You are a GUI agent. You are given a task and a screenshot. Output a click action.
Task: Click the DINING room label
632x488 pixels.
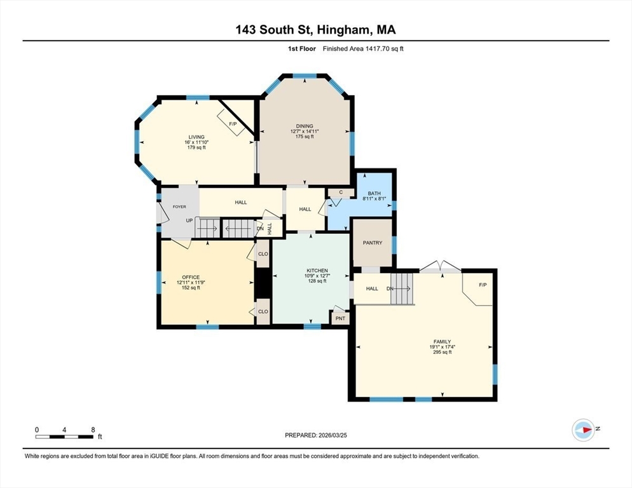(305, 126)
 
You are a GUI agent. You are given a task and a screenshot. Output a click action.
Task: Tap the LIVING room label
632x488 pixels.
(196, 137)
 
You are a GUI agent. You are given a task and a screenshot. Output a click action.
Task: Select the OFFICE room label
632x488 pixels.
(191, 277)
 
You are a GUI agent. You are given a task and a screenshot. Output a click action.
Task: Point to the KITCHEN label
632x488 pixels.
(317, 271)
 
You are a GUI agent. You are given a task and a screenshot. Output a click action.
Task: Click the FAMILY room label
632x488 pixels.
(442, 342)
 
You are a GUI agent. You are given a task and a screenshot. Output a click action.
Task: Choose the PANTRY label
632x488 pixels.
(373, 243)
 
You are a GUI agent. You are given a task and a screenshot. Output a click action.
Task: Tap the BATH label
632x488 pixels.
(374, 193)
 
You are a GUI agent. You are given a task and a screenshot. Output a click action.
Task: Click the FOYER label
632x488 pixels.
(179, 207)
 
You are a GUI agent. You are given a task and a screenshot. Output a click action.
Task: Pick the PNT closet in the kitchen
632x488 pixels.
(341, 318)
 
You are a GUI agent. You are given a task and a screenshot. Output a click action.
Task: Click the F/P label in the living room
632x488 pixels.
(233, 124)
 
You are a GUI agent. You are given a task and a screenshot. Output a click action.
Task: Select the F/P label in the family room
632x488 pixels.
(483, 285)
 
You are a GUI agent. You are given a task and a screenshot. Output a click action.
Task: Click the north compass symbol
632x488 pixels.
(583, 430)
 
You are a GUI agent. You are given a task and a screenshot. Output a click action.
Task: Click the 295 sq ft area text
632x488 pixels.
(442, 352)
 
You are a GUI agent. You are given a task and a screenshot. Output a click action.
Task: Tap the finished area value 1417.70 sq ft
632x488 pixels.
(384, 49)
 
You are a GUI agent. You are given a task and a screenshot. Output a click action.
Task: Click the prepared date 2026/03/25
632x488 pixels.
(333, 435)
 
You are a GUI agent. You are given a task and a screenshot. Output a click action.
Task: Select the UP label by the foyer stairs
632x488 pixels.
(189, 220)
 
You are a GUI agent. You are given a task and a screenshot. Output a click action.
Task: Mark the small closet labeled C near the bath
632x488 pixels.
(341, 193)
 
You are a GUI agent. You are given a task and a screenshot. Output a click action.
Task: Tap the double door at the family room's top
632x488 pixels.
(441, 267)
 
